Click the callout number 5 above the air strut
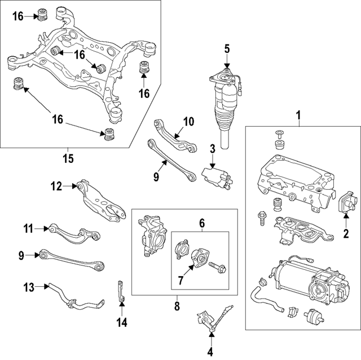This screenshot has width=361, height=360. pos(227,49)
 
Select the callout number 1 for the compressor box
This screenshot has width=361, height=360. pos(299,117)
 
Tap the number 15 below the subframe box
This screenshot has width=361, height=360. pos(68,159)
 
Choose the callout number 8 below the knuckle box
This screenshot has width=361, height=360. pos(176,307)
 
